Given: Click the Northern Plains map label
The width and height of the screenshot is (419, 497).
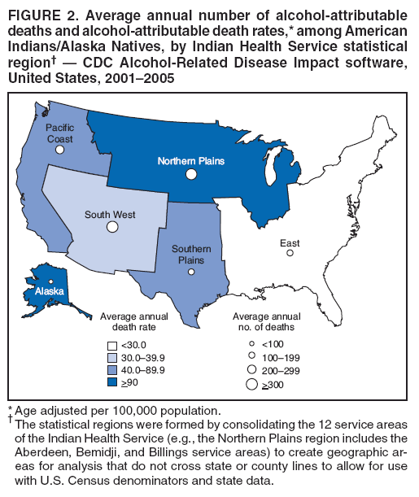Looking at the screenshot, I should pos(190,161).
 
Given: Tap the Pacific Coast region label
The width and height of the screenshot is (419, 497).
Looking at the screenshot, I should pos(59,133).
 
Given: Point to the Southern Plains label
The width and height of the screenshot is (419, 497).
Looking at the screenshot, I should pos(191,254).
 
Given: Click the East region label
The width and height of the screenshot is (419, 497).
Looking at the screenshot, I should pos(289,243).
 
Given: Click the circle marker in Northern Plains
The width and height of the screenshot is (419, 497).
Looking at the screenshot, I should pos(191,174).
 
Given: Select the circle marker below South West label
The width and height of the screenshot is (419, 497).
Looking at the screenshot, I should pos(111,227).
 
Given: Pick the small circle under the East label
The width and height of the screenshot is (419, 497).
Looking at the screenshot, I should pos(290,254).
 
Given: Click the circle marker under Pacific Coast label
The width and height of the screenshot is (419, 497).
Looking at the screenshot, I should pos(59,150).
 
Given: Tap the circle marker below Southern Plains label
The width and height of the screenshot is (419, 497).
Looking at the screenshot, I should pos(191,272).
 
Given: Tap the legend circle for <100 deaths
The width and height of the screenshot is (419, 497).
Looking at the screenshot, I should pos(252,344).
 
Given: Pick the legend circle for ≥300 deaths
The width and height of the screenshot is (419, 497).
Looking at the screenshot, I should pos(252,384).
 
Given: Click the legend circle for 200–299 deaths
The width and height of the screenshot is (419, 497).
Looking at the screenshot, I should pos(252,369).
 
